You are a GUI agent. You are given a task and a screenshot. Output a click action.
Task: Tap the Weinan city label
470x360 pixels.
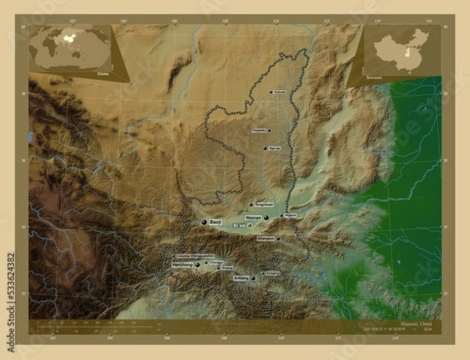click(x=252, y=217)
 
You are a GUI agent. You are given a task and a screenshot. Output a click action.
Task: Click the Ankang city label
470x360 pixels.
click(x=241, y=279)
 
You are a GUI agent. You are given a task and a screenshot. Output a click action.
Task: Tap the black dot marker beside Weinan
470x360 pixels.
click(x=266, y=218)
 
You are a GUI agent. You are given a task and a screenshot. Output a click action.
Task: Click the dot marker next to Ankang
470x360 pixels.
click(x=253, y=279)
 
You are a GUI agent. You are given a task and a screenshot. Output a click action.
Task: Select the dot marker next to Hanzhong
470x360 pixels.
click(x=197, y=265)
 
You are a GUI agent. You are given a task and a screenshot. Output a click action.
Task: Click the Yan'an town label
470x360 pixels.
click(x=274, y=147)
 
